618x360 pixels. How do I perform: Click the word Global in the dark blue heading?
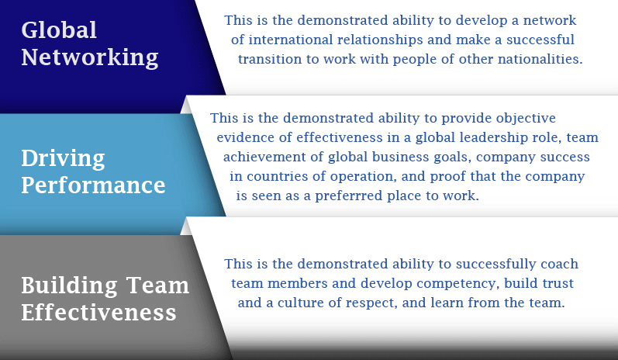[x=59, y=30]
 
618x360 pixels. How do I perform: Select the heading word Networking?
[x=90, y=57]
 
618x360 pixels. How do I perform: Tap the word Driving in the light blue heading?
[x=63, y=158]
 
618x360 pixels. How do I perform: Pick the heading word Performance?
[x=93, y=185]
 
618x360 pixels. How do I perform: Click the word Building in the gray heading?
[x=69, y=286]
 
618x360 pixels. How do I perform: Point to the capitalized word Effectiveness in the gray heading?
[x=98, y=313]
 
